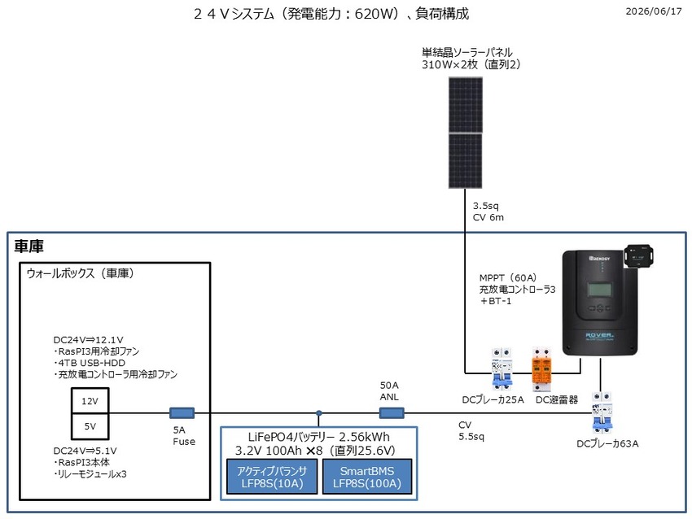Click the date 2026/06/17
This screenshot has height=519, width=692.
pos(654,11)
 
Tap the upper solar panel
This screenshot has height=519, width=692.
pos(466,104)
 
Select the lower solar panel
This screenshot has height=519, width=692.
pos(466,161)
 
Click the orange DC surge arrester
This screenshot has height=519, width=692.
pos(541,369)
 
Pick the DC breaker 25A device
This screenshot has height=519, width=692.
pos(502,369)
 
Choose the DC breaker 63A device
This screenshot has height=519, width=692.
pos(602,412)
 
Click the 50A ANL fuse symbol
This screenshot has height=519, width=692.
pos(392,413)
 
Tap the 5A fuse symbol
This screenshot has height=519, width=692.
pos(182,413)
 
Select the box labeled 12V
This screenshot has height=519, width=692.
pos(90,401)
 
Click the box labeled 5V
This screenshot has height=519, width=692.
pos(90,426)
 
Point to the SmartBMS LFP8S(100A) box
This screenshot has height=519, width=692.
pos(367,477)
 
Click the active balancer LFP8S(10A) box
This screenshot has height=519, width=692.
pos(272,477)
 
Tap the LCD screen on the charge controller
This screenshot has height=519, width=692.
pos(599,290)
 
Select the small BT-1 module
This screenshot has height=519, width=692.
pos(638,255)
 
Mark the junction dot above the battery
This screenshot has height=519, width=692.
pos(318,413)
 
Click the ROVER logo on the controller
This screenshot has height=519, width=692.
pos(599,336)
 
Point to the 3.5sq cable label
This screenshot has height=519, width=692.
pos(486,206)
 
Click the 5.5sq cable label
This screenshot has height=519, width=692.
pos(471,437)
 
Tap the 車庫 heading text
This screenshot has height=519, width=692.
pos(29,246)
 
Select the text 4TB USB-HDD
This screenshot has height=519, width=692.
pos(90,363)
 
